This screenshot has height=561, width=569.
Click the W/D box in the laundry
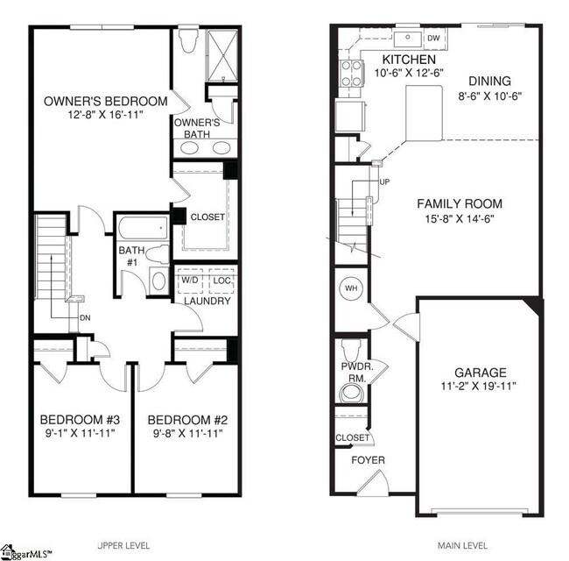[x=189, y=280]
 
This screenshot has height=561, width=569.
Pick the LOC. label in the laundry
[x=223, y=280]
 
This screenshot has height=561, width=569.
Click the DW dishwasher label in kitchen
[x=433, y=38]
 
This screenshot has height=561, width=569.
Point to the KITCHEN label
[x=402, y=59]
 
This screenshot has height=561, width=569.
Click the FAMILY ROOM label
[x=459, y=204]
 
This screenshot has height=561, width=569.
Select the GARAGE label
[x=478, y=372]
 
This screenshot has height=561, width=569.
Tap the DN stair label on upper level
[x=85, y=316]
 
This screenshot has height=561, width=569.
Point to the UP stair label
[x=384, y=182]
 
